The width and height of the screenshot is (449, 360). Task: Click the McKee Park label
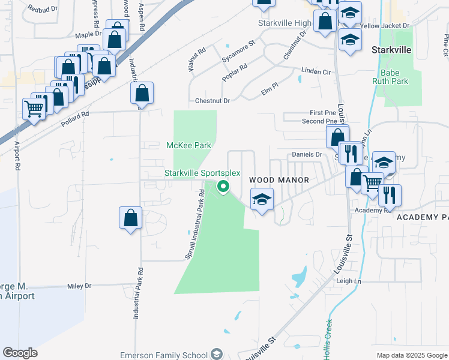188,146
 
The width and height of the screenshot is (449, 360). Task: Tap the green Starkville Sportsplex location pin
223,187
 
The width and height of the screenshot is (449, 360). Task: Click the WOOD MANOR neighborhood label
279,180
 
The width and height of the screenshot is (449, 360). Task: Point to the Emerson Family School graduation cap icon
216,355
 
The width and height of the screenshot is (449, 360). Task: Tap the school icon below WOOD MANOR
262,199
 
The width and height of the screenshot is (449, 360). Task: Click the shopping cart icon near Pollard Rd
34,109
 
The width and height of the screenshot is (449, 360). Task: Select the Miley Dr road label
79,286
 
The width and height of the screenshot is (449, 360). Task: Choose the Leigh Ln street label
348,281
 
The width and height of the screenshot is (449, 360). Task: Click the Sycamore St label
238,43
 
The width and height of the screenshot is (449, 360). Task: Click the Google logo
20,353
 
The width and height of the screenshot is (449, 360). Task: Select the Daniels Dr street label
307,154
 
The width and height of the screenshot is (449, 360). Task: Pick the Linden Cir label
316,71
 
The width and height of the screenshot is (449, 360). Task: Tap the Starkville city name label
391,49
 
